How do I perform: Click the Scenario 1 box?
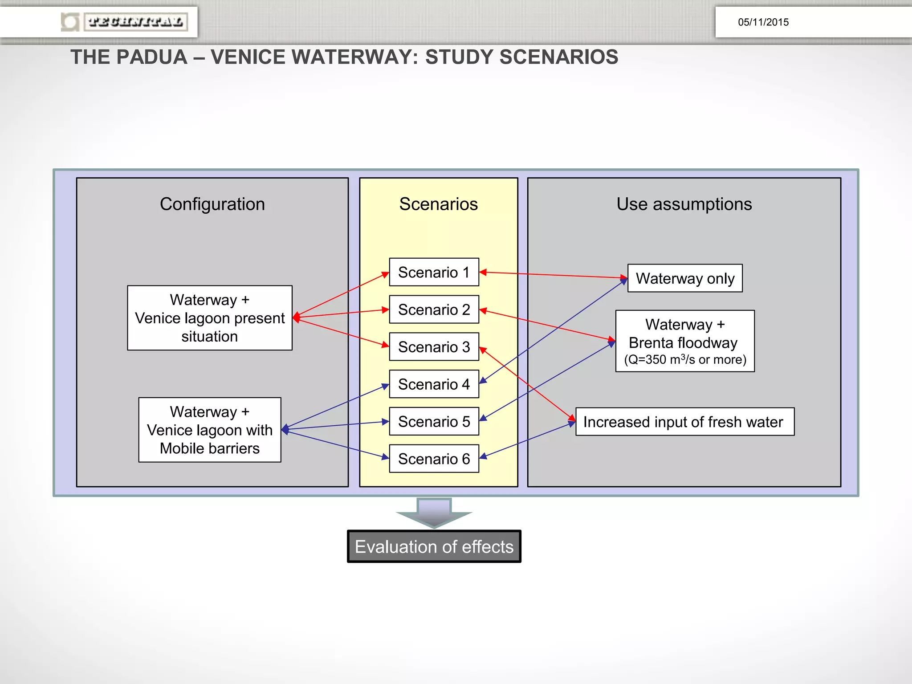[x=434, y=272]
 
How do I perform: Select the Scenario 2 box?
[x=434, y=309]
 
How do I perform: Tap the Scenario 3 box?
[x=434, y=347]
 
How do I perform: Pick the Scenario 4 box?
[x=434, y=384]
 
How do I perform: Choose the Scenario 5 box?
[x=434, y=421]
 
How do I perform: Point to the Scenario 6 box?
[x=434, y=459]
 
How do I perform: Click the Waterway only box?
[x=685, y=278]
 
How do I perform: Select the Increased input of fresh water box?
[x=684, y=422]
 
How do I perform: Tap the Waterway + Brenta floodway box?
[x=685, y=341]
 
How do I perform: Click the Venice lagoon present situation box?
[x=210, y=318]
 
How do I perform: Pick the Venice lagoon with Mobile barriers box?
[x=210, y=430]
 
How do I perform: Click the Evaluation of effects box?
[x=434, y=546]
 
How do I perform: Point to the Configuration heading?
[x=212, y=204]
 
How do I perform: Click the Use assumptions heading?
[x=684, y=204]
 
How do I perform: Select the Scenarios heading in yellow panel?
[x=438, y=204]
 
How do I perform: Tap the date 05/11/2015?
[x=763, y=22]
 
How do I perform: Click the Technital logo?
[x=125, y=22]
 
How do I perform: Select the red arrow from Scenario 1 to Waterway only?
[x=552, y=275]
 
